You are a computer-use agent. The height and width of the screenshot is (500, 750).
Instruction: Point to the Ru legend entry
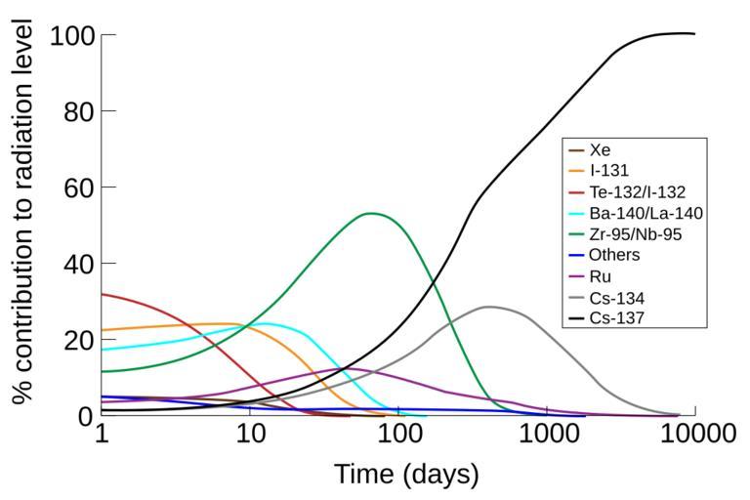601,276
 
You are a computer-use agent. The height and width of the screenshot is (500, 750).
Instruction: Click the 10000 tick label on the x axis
694,434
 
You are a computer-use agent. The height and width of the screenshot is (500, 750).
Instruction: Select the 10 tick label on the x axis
251,434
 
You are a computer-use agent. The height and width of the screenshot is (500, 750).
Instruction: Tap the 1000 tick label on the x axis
547,434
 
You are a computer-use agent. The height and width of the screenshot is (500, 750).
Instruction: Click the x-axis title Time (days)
406,476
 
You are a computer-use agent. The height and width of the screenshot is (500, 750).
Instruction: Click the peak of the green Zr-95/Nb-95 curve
371,213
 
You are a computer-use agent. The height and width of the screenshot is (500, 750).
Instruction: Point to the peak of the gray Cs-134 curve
486,307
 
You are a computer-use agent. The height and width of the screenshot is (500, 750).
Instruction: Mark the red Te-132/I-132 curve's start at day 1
102,294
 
